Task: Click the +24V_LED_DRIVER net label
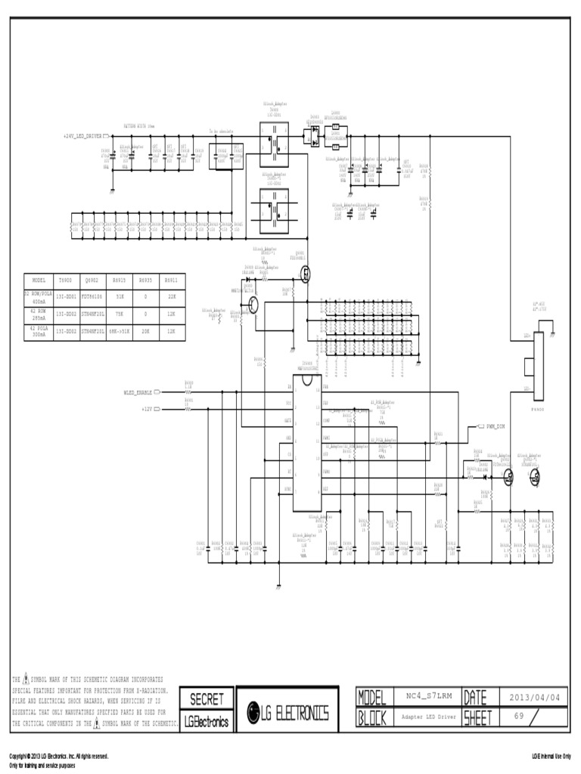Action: click(x=83, y=136)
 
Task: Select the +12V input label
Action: click(x=147, y=409)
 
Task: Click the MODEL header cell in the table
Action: click(x=39, y=280)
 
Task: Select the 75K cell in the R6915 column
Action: click(x=120, y=312)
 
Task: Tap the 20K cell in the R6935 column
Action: click(x=145, y=330)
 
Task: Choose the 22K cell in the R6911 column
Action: click(x=172, y=296)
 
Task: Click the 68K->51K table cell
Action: click(x=120, y=330)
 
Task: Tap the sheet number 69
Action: click(x=519, y=715)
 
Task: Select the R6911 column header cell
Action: click(x=172, y=280)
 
